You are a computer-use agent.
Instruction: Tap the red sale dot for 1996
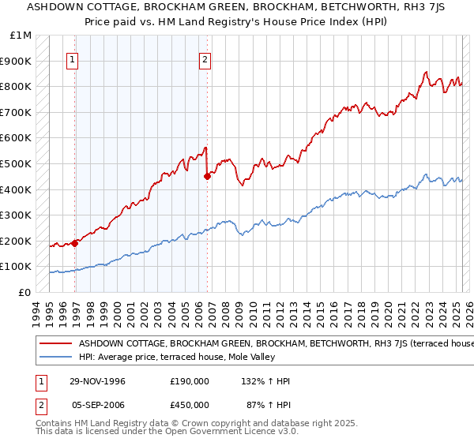pyautogui.click(x=75, y=243)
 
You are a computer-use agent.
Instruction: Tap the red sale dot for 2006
pyautogui.click(x=207, y=176)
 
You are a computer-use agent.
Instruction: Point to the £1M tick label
pyautogui.click(x=20, y=36)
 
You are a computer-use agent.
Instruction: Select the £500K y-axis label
pyautogui.click(x=17, y=163)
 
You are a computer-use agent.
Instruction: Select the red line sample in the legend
pyautogui.click(x=55, y=343)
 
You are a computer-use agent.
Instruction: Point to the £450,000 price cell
pyautogui.click(x=190, y=404)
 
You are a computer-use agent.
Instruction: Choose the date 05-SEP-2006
pyautogui.click(x=96, y=404)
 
